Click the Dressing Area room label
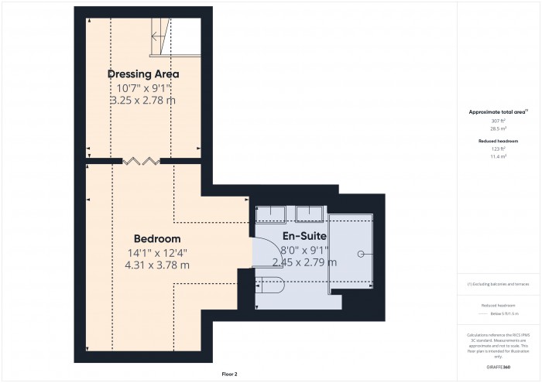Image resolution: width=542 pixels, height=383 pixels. coord(143,74)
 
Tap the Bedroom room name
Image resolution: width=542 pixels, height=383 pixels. coord(157,238)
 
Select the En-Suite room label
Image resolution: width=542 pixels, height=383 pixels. coord(304,236)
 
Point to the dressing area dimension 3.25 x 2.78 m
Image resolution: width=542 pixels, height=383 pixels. coord(143,101)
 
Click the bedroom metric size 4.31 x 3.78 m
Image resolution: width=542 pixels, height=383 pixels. coord(157,265)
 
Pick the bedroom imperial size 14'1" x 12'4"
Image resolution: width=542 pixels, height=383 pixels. coord(157,251)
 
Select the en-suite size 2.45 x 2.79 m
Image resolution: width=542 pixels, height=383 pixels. coord(304,262)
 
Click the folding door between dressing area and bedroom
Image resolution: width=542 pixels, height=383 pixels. coord(142,161)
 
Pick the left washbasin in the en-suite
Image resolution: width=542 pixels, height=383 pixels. coord(272,215)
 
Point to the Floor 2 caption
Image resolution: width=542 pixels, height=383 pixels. coord(229,374)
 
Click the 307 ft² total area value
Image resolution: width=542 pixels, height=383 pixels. coord(498,121)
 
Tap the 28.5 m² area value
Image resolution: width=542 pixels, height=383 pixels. coord(498,129)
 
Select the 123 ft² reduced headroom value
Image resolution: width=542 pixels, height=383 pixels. coord(498,149)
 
